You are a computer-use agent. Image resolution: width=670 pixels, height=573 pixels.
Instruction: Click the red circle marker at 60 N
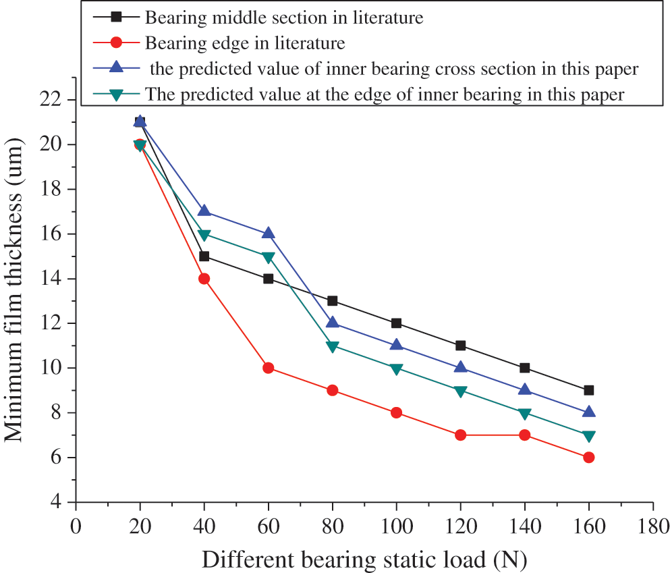268,368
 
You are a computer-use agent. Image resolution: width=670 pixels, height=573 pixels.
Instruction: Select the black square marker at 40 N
204,256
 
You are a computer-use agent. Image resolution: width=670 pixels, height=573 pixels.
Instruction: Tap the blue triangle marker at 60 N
268,233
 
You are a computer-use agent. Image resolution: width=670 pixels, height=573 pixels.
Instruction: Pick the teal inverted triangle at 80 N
332,346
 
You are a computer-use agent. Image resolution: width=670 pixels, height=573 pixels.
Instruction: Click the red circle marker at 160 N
588,457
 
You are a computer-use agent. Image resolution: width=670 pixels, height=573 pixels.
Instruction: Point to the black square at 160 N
588,390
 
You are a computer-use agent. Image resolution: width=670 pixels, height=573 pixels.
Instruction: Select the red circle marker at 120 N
460,435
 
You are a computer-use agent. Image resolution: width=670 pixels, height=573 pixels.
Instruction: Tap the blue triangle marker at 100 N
396,344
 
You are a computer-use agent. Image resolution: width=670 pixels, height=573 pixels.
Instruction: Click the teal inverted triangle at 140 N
524,414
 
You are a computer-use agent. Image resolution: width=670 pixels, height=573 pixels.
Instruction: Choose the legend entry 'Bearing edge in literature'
244,43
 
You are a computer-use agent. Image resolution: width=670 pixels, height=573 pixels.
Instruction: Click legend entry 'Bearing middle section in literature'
283,18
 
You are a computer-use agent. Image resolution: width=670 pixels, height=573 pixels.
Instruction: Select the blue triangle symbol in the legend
116,68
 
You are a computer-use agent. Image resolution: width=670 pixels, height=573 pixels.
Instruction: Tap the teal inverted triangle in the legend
116,94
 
